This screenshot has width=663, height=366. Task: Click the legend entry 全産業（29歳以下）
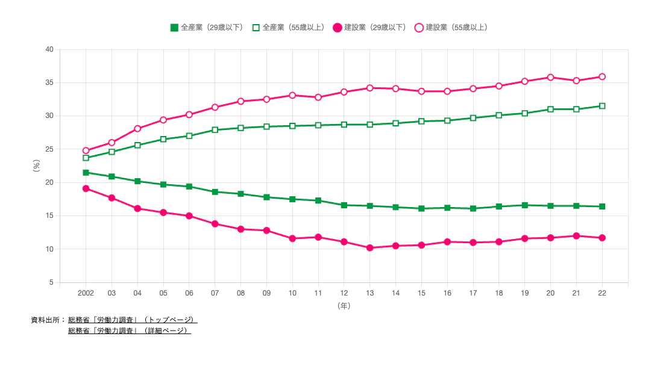(207, 27)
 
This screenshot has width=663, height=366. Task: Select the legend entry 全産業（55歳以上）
(288, 27)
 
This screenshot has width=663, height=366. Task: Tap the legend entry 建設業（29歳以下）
(369, 27)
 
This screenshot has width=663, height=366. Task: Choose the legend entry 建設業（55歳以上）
(451, 27)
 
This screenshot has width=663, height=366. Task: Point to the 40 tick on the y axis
(49, 49)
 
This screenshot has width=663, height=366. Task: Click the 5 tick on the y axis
(51, 282)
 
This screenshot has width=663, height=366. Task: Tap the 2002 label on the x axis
(86, 293)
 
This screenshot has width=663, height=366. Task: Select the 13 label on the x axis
(369, 293)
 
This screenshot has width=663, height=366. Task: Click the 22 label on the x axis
(602, 293)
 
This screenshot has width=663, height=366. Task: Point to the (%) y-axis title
(36, 166)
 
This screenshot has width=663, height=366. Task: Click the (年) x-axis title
(344, 306)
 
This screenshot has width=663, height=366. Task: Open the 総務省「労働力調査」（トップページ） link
(133, 320)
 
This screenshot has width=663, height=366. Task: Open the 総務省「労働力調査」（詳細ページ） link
(130, 330)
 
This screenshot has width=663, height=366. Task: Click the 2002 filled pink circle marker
(86, 188)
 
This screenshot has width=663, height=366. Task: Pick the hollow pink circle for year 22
(602, 76)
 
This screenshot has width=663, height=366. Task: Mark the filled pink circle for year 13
(369, 247)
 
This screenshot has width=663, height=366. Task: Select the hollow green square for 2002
(86, 158)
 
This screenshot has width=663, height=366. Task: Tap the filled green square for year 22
(602, 206)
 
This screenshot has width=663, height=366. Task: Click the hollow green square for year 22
(602, 106)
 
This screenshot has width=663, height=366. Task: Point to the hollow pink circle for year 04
(137, 128)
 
